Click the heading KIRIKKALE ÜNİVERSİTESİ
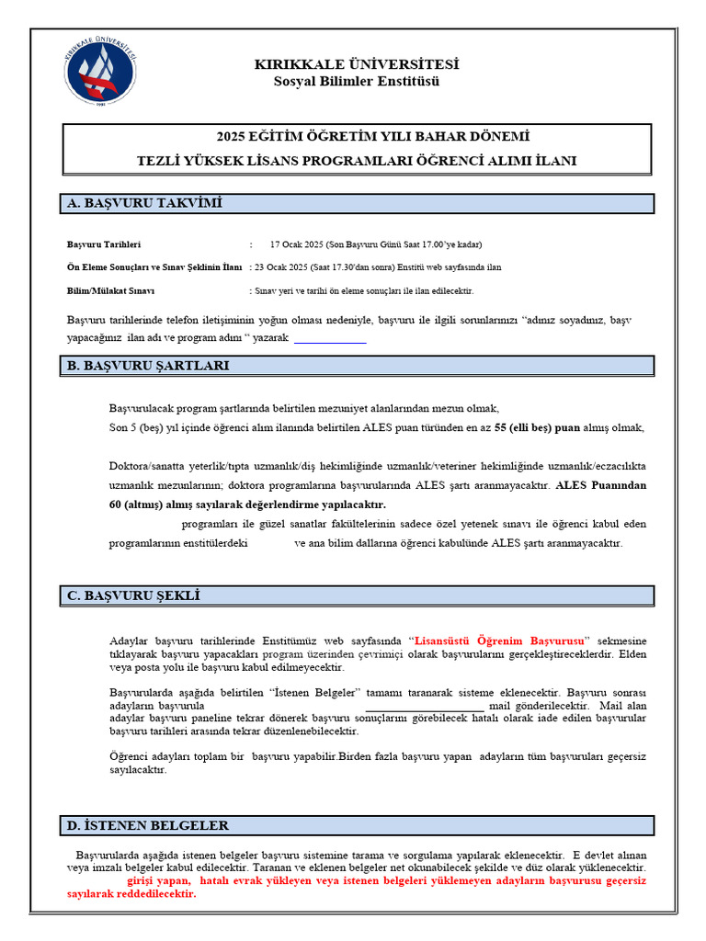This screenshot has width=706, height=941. [x=357, y=64]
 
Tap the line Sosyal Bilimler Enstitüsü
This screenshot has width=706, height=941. [x=357, y=81]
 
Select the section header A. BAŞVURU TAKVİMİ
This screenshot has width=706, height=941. [x=145, y=203]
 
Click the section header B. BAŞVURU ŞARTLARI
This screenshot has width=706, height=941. [x=148, y=366]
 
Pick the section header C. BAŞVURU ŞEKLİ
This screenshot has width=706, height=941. [x=133, y=595]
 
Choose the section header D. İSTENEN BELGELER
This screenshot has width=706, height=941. [x=148, y=825]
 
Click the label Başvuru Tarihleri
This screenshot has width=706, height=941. [x=104, y=244]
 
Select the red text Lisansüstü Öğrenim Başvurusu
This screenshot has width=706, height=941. [x=500, y=640]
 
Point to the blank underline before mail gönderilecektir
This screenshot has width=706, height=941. [x=425, y=707]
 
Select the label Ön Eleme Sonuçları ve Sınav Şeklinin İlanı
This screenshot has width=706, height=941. [x=154, y=267]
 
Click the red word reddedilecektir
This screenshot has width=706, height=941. [x=154, y=894]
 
